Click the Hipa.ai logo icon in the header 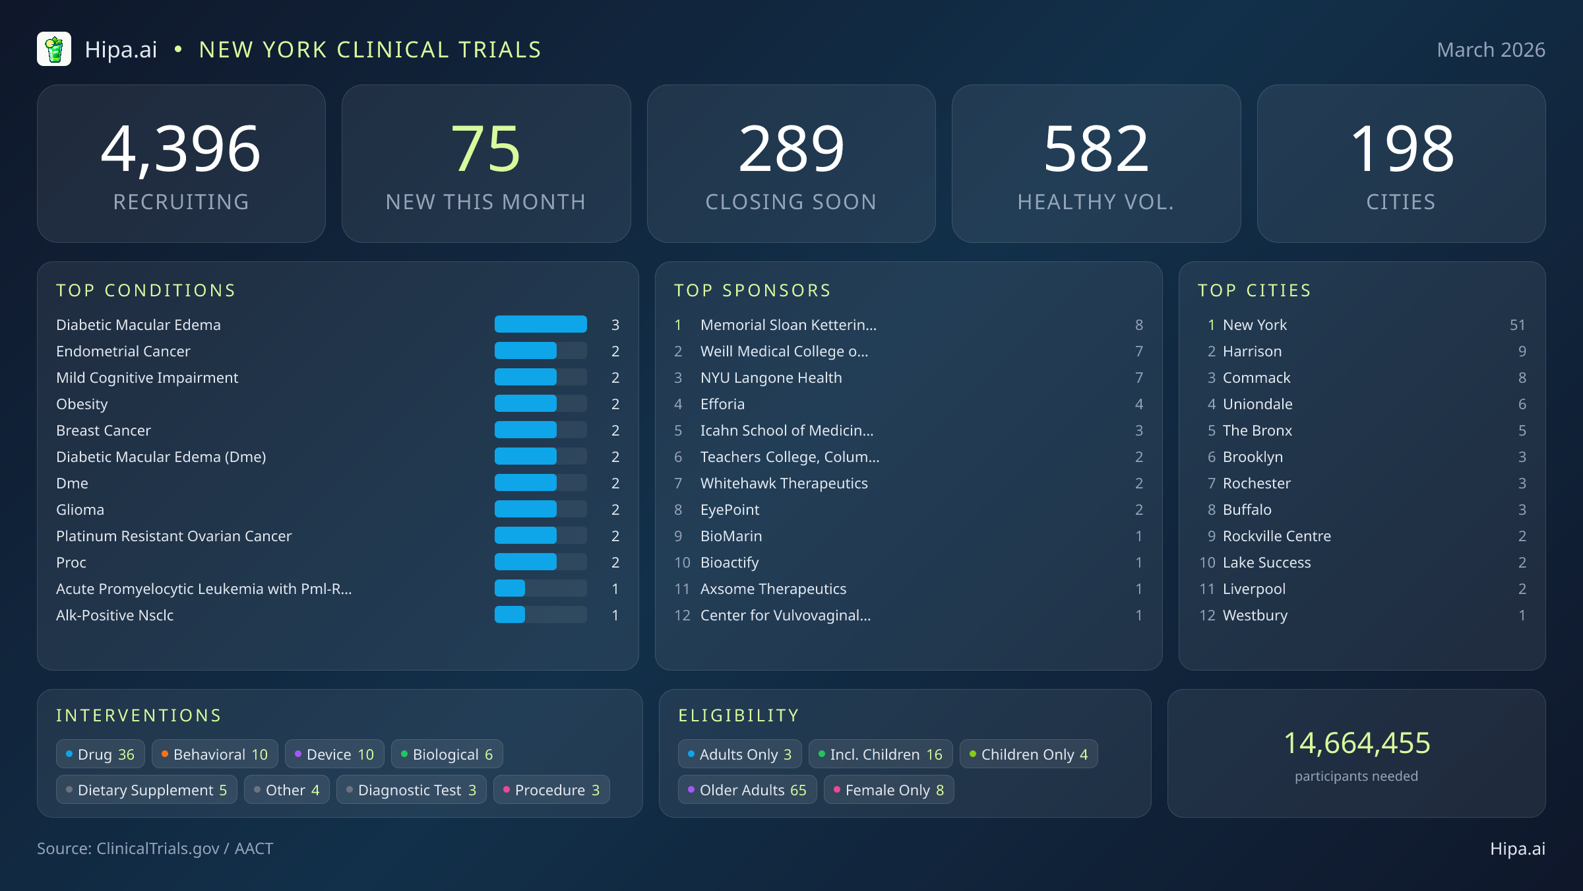pyautogui.click(x=54, y=49)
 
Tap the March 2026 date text pyautogui.click(x=1490, y=50)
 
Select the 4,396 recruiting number pyautogui.click(x=181, y=150)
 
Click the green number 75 pyautogui.click(x=485, y=150)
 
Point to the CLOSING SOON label pyautogui.click(x=790, y=202)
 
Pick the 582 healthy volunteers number pyautogui.click(x=1096, y=150)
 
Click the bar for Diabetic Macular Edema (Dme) pyautogui.click(x=540, y=457)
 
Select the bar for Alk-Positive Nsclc pyautogui.click(x=540, y=615)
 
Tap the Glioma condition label pyautogui.click(x=80, y=510)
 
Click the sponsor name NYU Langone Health pyautogui.click(x=770, y=378)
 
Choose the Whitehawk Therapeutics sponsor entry pyautogui.click(x=784, y=483)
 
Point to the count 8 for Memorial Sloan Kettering pyautogui.click(x=1138, y=325)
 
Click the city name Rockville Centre pyautogui.click(x=1276, y=536)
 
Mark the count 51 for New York pyautogui.click(x=1516, y=325)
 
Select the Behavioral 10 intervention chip pyautogui.click(x=214, y=754)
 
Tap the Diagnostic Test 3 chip pyautogui.click(x=411, y=790)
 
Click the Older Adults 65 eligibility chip pyautogui.click(x=747, y=790)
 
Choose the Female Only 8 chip pyautogui.click(x=888, y=790)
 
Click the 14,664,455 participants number pyautogui.click(x=1356, y=743)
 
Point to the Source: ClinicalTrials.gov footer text pyautogui.click(x=155, y=849)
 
